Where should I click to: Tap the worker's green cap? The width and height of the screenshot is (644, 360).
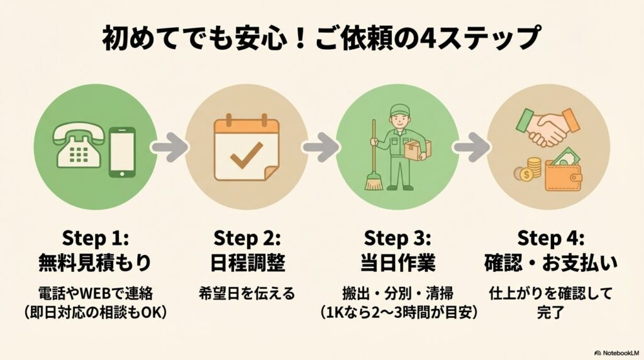pyautogui.click(x=399, y=109)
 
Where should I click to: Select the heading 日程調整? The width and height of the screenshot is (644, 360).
pyautogui.click(x=247, y=262)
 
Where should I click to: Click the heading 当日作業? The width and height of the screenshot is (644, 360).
pyautogui.click(x=397, y=262)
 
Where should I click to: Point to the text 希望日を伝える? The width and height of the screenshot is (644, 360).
pyautogui.click(x=247, y=293)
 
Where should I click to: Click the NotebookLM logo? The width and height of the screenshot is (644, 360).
pyautogui.click(x=616, y=353)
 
